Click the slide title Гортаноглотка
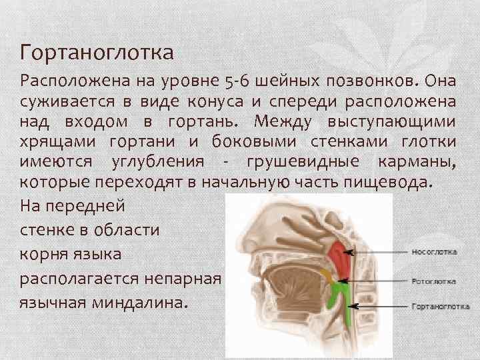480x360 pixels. pos(97,51)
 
